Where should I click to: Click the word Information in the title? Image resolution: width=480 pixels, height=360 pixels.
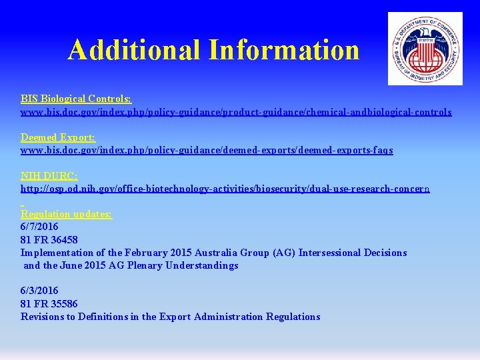pyautogui.click(x=284, y=49)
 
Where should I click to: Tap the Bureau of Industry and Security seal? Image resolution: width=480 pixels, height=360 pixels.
pyautogui.click(x=425, y=49)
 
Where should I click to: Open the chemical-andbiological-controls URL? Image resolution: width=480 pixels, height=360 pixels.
pyautogui.click(x=236, y=112)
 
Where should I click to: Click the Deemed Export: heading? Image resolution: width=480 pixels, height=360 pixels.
pyautogui.click(x=58, y=137)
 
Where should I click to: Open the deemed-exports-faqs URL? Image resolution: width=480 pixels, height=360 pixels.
pyautogui.click(x=207, y=150)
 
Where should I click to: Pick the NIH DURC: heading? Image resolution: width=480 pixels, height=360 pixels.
pyautogui.click(x=49, y=175)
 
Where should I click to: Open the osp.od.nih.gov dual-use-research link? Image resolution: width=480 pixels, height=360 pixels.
pyautogui.click(x=225, y=189)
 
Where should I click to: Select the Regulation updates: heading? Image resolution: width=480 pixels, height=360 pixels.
pyautogui.click(x=67, y=214)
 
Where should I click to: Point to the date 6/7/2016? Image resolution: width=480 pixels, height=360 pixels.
pyautogui.click(x=39, y=227)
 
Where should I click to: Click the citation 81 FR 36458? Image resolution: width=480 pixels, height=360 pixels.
pyautogui.click(x=49, y=239)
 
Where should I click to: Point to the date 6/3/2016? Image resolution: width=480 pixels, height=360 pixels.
pyautogui.click(x=39, y=291)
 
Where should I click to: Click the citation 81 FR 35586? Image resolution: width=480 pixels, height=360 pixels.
pyautogui.click(x=49, y=304)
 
